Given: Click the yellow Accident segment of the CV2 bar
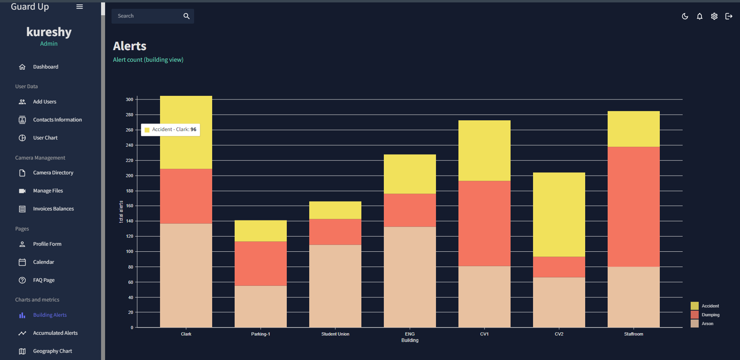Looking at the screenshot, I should [x=559, y=214].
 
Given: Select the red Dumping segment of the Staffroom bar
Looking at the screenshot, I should [x=633, y=206].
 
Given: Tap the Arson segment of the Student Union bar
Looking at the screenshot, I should [x=335, y=286].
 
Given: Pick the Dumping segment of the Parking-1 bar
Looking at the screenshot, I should [x=260, y=263].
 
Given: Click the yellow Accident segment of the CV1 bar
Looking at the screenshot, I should [x=484, y=150].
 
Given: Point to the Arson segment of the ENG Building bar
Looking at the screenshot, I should [x=410, y=277].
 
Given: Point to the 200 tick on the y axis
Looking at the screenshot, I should [x=130, y=176].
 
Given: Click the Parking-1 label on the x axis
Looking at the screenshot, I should [x=260, y=334].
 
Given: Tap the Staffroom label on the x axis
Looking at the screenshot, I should [x=633, y=334].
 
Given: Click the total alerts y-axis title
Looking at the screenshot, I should [x=121, y=212].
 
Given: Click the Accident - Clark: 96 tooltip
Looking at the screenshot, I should [x=170, y=129].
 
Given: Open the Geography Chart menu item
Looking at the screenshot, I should [x=52, y=351].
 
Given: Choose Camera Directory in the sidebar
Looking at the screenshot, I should [x=53, y=173].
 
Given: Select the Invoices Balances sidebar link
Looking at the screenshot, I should [x=53, y=209].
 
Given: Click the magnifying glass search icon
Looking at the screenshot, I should [x=187, y=16].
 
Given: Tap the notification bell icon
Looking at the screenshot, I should [x=699, y=16].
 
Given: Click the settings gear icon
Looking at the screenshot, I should [x=714, y=16].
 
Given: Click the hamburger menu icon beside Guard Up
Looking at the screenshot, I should [x=79, y=7].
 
